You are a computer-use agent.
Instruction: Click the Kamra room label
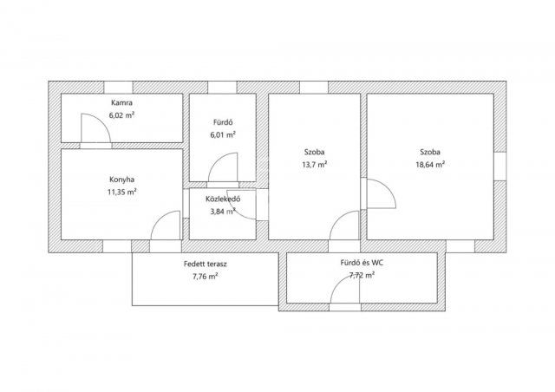121,103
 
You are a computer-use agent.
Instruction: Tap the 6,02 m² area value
122,115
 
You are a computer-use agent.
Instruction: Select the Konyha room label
121,180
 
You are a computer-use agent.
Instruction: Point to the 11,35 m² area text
122,192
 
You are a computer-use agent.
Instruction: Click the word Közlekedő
223,199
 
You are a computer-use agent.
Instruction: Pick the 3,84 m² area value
223,212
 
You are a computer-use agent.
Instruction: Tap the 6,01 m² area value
223,135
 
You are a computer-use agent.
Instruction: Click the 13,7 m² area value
314,165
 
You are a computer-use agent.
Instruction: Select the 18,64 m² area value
430,165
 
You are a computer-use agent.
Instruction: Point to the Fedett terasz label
206,264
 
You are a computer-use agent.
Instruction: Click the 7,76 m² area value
206,276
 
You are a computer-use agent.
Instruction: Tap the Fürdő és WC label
362,263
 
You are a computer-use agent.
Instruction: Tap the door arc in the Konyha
160,219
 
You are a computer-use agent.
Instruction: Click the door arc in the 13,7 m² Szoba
338,219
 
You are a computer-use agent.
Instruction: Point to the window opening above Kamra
118,88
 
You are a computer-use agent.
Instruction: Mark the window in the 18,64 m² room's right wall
499,167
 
